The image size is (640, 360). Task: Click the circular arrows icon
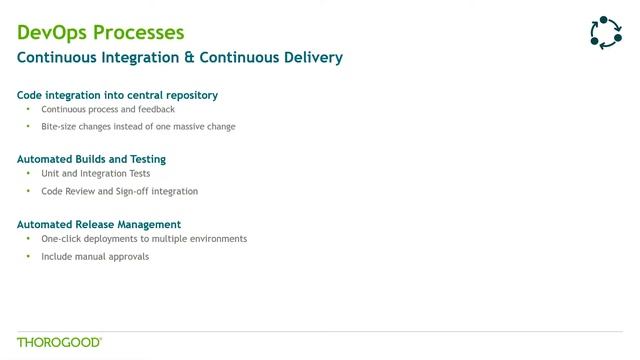click(606, 33)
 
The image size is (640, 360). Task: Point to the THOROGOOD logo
click(59, 342)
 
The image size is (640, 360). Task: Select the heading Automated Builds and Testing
click(91, 159)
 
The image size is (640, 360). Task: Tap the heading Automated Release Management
click(99, 224)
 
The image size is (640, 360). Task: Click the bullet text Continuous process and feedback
click(108, 109)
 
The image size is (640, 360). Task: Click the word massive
click(188, 127)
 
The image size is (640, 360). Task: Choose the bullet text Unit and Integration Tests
click(96, 173)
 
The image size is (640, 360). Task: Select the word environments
click(217, 239)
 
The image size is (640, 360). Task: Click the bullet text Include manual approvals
click(95, 257)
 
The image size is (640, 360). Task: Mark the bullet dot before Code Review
click(28, 191)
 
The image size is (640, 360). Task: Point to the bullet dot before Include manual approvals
click(28, 257)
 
